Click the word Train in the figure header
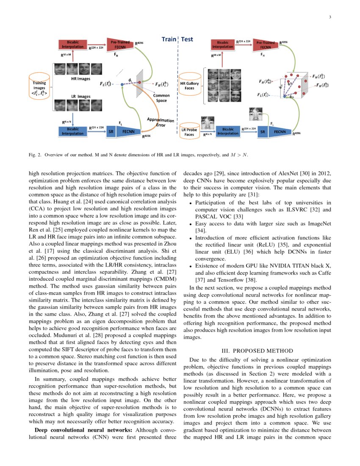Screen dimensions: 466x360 169,39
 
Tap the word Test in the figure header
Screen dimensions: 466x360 187,39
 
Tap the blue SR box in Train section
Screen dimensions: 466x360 111,132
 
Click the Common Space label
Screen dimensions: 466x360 161,98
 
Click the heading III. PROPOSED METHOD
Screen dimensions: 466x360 257,351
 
